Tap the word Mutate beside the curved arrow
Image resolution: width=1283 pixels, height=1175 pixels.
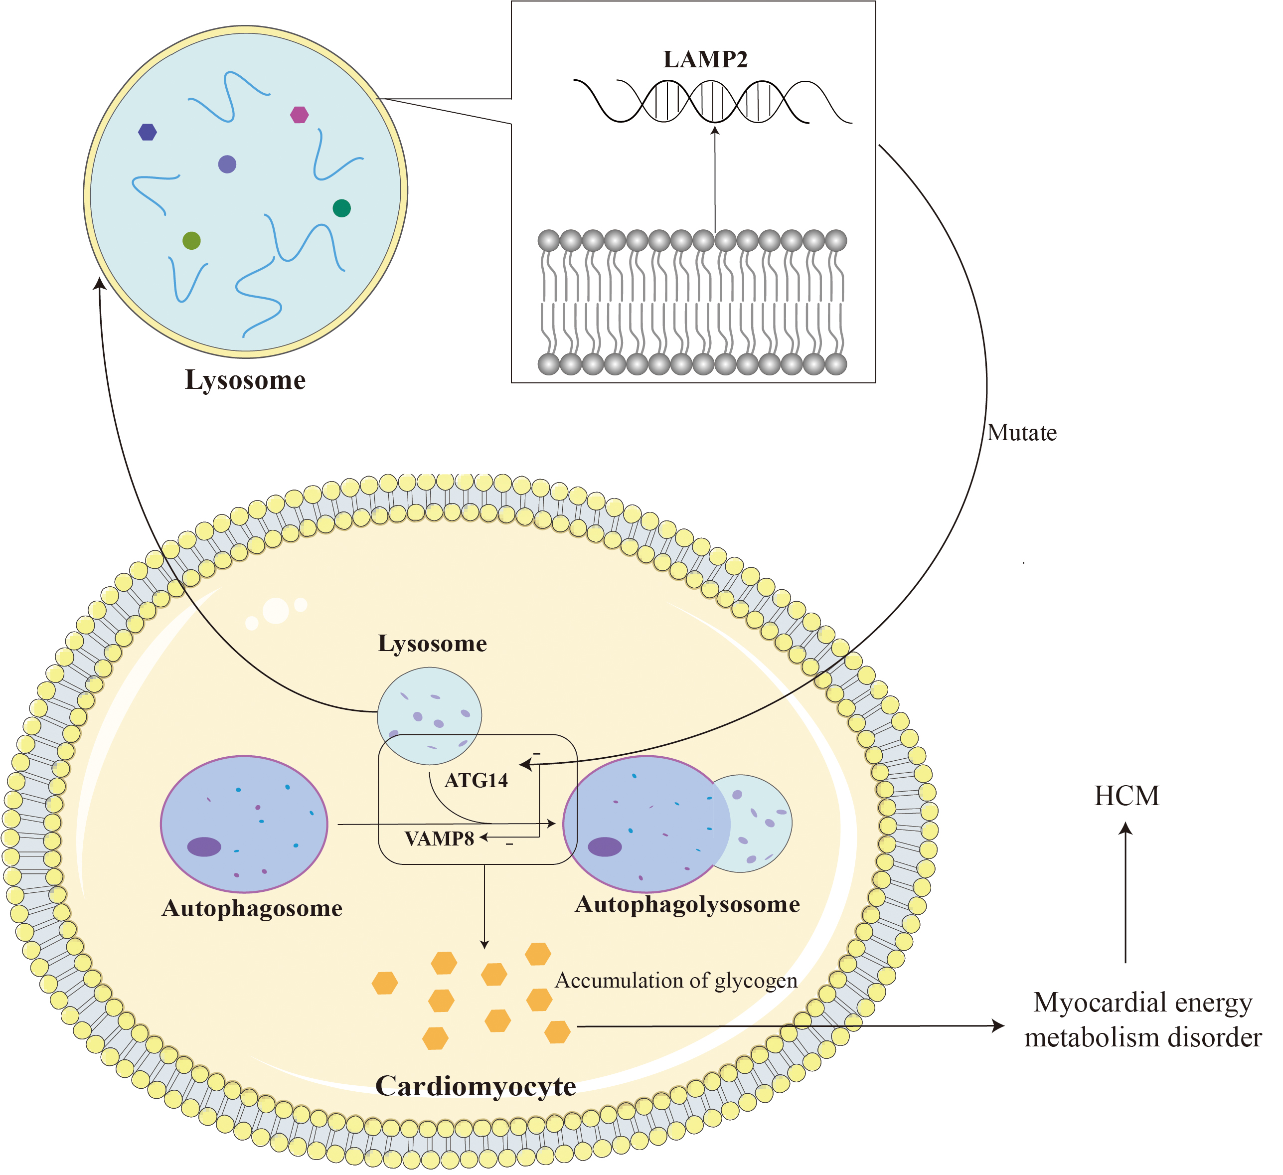1021,433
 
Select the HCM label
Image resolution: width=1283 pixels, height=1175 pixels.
1126,796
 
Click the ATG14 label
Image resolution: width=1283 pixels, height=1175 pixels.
476,780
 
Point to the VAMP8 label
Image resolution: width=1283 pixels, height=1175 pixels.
439,839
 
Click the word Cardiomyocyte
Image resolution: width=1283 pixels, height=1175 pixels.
476,1086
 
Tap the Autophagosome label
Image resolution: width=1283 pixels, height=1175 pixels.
252,908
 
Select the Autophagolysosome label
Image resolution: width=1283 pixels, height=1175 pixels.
687,904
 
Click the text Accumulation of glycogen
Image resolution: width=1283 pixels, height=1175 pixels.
676,980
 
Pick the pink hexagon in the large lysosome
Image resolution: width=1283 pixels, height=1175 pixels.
299,115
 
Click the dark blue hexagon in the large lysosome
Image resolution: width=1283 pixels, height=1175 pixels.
148,132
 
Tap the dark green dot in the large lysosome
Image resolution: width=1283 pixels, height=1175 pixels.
342,208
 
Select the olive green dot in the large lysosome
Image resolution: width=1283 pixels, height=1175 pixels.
191,241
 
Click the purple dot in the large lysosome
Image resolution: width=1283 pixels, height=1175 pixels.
227,164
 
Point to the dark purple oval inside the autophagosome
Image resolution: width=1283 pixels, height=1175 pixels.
204,846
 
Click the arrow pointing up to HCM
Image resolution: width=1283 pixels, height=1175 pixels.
1126,891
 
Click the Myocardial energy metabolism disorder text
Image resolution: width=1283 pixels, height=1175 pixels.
1142,1019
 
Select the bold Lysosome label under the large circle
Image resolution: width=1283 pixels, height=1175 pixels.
245,380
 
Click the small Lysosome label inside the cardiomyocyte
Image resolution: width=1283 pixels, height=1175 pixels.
432,644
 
